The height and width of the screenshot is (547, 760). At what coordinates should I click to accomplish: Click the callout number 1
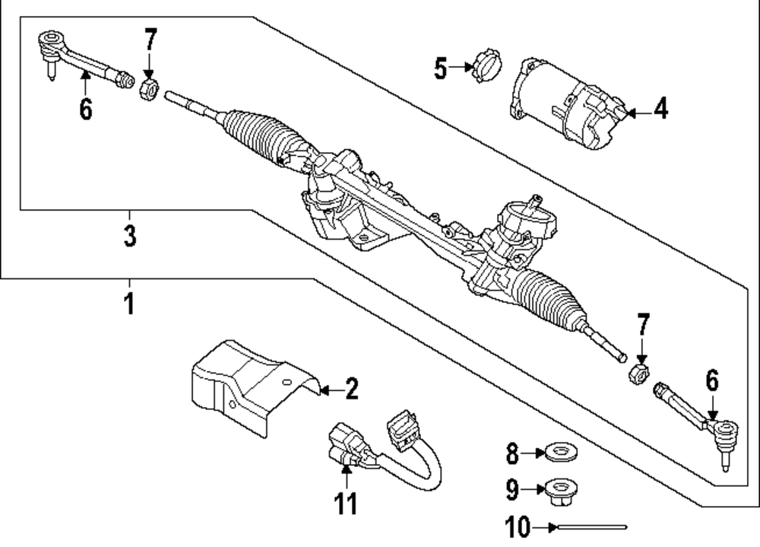[129, 303]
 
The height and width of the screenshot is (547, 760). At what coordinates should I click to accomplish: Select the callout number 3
[130, 234]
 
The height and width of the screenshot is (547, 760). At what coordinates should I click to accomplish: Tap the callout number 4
[660, 110]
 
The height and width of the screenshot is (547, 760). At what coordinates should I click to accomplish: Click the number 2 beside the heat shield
[350, 390]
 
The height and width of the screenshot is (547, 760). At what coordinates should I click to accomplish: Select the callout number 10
[517, 526]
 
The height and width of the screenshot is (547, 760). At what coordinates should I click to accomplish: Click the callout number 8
[512, 455]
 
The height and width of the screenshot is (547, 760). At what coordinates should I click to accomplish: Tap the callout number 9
[512, 488]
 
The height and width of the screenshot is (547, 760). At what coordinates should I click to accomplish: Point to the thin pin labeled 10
[591, 526]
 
